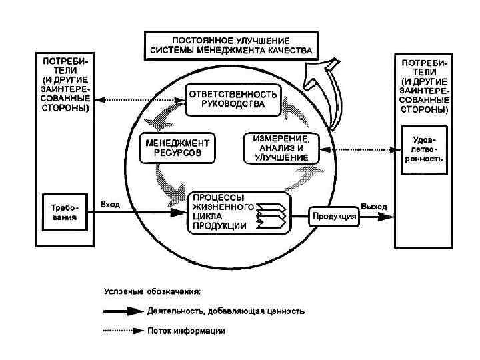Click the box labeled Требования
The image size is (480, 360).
[65, 211]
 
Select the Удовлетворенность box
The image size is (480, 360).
[423, 149]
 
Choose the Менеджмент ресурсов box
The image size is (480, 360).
[178, 148]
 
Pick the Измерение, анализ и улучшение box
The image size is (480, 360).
[281, 147]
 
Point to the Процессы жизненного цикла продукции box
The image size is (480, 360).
[237, 212]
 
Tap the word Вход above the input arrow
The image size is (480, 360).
[110, 204]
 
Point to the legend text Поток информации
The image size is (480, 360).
[186, 331]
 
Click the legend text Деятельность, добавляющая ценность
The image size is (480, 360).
[227, 311]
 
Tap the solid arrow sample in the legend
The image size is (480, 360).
[123, 311]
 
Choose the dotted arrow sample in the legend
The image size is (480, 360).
[123, 331]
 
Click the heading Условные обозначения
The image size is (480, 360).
[154, 291]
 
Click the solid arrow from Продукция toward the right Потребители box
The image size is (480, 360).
[377, 215]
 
